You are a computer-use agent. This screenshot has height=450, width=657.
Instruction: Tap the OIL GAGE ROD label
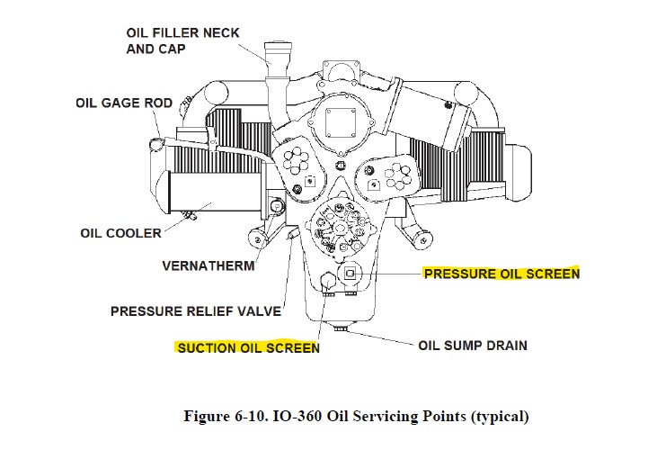tap(123, 103)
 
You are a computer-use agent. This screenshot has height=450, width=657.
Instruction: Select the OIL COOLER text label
tap(121, 233)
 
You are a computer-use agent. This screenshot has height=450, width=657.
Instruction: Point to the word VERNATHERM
tap(208, 265)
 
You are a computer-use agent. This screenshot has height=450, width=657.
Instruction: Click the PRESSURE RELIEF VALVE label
tap(196, 311)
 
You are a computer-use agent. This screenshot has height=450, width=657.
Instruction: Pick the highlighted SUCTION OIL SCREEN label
tap(248, 347)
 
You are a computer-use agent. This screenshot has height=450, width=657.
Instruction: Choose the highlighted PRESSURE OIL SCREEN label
tap(502, 273)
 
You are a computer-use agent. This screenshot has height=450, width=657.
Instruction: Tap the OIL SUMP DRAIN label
tap(473, 345)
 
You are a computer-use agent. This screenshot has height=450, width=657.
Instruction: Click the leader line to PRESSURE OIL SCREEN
tap(391, 273)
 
